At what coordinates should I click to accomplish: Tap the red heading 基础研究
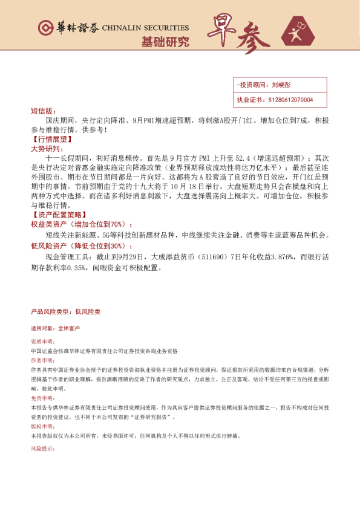tap(165, 42)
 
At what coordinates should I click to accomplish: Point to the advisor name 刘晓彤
tap(282, 85)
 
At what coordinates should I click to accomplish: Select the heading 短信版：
tap(42, 112)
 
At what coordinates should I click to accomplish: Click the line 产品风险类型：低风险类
tap(65, 312)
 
